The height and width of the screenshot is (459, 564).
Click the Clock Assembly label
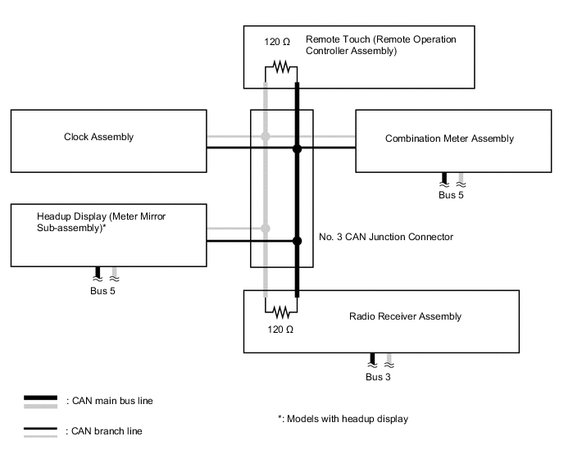click(x=98, y=137)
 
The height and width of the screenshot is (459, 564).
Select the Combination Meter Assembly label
click(x=449, y=139)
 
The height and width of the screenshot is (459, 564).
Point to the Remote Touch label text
click(x=380, y=45)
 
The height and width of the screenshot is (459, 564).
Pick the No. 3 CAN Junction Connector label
click(x=385, y=237)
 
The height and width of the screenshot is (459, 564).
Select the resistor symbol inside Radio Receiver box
click(x=281, y=311)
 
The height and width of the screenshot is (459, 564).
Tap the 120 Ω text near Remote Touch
click(x=275, y=40)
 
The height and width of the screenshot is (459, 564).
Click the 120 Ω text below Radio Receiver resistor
click(x=275, y=329)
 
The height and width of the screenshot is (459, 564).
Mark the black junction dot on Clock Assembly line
click(x=297, y=148)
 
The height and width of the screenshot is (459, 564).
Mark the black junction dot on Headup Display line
click(x=297, y=241)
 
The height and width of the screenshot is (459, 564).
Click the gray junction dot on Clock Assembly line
click(x=266, y=136)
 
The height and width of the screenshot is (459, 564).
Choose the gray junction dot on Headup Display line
click(x=266, y=228)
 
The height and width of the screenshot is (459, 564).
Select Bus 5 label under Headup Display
click(x=103, y=290)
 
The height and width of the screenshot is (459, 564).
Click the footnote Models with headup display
click(x=343, y=419)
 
